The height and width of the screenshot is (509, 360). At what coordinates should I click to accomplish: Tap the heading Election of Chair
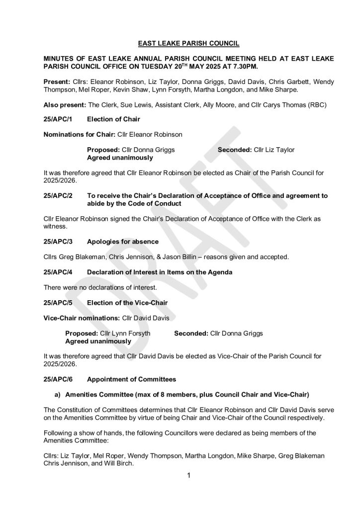pos(113,119)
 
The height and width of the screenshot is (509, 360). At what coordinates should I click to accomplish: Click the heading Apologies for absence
pos(122,242)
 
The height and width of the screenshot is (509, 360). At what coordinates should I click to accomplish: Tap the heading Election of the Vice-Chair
pos(127,302)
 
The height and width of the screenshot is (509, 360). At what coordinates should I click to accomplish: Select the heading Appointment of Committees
pos(131,380)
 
